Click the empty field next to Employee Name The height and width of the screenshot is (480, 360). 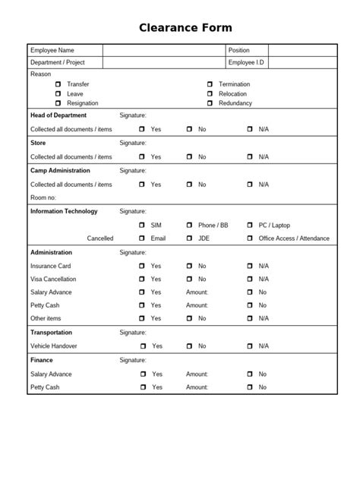[163, 50]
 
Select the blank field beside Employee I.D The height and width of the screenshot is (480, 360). [302, 62]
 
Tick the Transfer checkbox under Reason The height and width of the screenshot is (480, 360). [58, 84]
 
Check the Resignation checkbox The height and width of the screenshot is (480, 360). [58, 103]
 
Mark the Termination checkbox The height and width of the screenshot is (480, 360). [210, 84]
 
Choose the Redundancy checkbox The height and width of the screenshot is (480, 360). [210, 103]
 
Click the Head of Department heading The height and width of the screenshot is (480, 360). [58, 115]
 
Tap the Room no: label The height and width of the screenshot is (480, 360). [44, 197]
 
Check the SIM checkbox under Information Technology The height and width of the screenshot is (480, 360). [142, 226]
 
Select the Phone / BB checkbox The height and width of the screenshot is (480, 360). [189, 226]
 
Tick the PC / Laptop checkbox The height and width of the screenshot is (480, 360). [250, 226]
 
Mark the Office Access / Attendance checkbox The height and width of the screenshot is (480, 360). [250, 238]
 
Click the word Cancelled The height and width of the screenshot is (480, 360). [100, 238]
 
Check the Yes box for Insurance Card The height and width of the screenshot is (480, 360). [142, 267]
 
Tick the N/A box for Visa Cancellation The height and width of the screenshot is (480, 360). [250, 279]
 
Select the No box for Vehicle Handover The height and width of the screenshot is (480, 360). [189, 346]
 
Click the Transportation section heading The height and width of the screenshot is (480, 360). [52, 332]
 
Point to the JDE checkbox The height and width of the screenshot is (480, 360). [189, 238]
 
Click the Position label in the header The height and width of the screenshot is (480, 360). [239, 50]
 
